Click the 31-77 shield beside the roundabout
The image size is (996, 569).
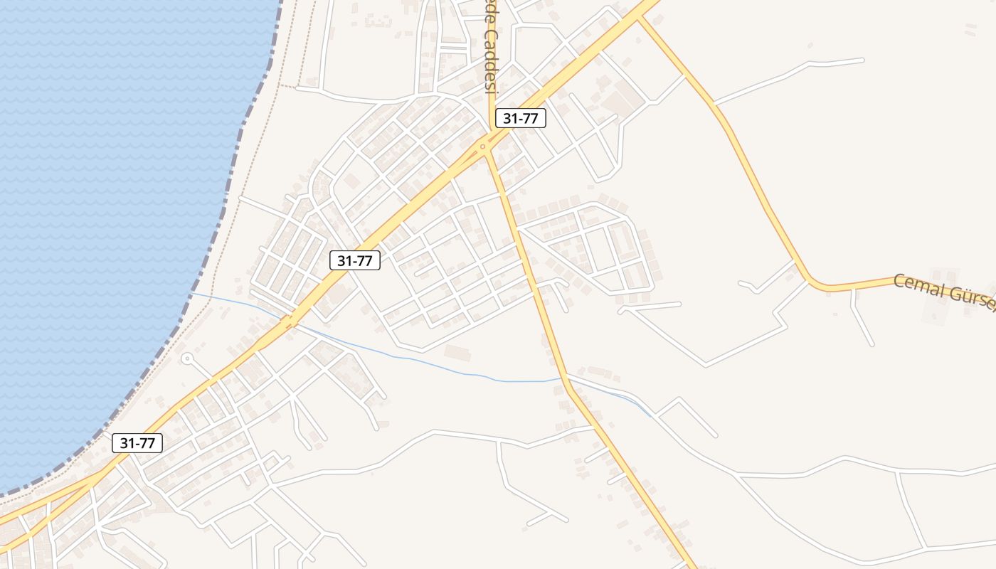pyautogui.click(x=520, y=118)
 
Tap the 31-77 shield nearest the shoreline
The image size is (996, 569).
pyautogui.click(x=137, y=443)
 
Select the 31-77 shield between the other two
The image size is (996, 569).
pyautogui.click(x=355, y=260)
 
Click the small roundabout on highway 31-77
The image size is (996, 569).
pyautogui.click(x=483, y=147)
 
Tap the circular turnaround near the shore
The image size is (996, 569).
pyautogui.click(x=187, y=358)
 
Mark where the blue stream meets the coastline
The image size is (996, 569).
pyautogui.click(x=191, y=292)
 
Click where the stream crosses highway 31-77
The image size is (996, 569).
pyautogui.click(x=290, y=322)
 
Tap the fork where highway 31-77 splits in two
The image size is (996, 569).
pyautogui.click(x=96, y=477)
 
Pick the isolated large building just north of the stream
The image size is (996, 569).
pyautogui.click(x=457, y=352)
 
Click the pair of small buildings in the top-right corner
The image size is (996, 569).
pyautogui.click(x=970, y=29)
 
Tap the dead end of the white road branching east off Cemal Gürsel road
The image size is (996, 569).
pyautogui.click(x=862, y=60)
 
